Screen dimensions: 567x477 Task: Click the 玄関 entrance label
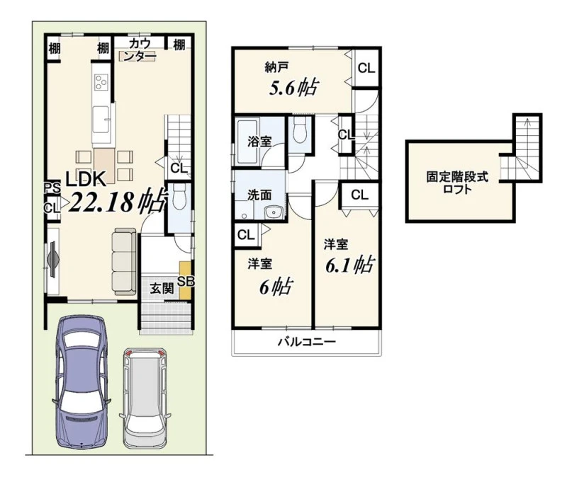point(162,289)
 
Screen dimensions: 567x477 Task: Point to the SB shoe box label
point(186,281)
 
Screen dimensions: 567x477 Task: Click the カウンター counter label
point(140,50)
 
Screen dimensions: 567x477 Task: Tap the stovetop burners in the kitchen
point(101,81)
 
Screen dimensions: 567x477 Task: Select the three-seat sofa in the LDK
point(124,261)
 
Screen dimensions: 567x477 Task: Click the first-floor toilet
point(179,198)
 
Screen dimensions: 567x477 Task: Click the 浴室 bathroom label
point(259,141)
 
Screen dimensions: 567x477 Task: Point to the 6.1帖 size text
point(349,265)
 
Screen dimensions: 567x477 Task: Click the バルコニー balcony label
point(307,342)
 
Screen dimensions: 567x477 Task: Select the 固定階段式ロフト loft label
point(457,183)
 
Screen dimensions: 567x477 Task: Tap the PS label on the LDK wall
point(52,188)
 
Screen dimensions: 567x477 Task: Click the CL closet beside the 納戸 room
point(366,68)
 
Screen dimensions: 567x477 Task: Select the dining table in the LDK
point(105,166)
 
